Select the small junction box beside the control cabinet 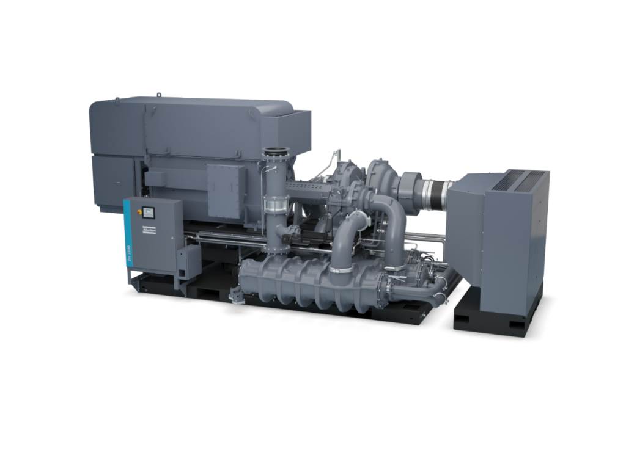click(189, 261)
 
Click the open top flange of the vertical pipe click(276, 151)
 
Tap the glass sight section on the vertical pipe click(276, 203)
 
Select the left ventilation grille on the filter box click(507, 180)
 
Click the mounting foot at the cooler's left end click(235, 296)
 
